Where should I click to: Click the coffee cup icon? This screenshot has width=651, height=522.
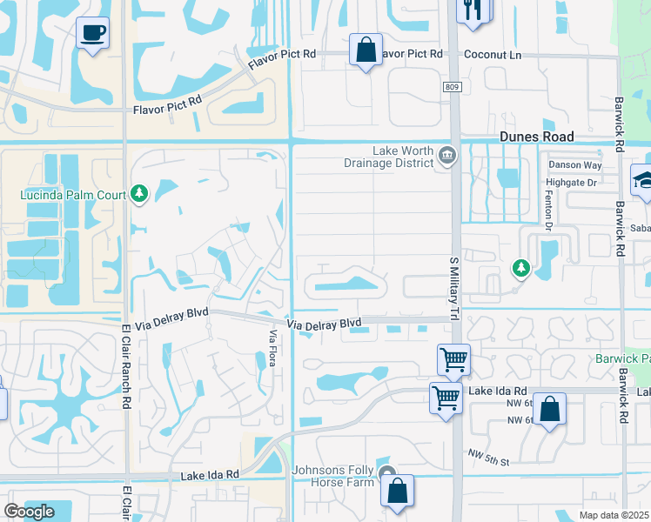tap(93, 34)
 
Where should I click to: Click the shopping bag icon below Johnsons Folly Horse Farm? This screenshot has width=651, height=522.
tap(397, 491)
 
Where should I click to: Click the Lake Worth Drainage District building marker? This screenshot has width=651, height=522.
tap(448, 156)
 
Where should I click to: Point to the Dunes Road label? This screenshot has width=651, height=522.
tap(537, 137)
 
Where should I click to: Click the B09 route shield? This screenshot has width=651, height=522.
tap(451, 87)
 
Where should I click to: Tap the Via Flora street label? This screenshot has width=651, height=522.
tap(272, 347)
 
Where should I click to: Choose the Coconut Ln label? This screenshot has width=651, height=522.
tap(492, 53)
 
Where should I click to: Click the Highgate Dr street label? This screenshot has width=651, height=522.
tap(571, 183)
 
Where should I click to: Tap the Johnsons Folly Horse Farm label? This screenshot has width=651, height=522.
tap(334, 477)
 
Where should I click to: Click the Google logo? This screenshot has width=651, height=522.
tap(29, 512)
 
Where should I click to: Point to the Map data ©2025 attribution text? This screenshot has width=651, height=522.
tap(614, 515)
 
